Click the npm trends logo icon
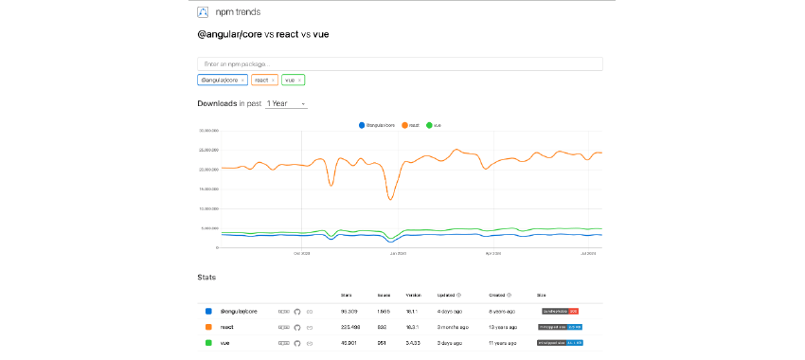click(x=203, y=12)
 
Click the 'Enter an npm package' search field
click(x=399, y=63)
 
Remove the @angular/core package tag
click(x=243, y=81)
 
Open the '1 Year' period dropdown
click(x=287, y=103)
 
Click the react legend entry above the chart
click(x=410, y=124)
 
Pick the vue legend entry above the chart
click(x=435, y=124)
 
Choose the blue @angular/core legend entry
click(x=379, y=124)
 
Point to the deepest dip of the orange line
click(x=389, y=198)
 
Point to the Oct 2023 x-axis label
click(x=302, y=253)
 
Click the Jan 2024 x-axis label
click(x=398, y=253)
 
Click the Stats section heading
click(x=206, y=278)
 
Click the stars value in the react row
click(x=349, y=327)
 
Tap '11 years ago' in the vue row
click(x=503, y=343)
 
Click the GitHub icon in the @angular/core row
click(x=296, y=311)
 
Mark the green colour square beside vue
click(x=207, y=343)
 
